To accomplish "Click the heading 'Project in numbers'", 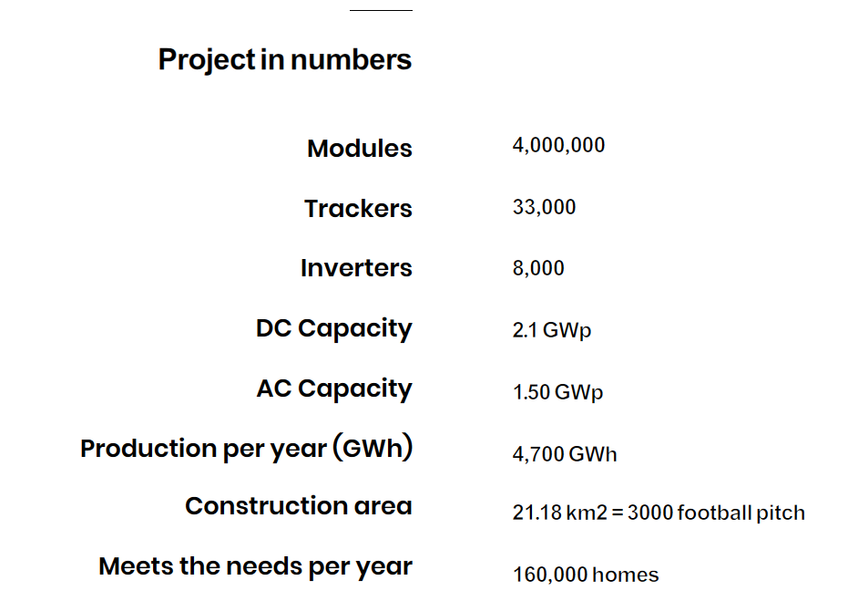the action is point(285,60).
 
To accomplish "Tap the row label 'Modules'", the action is point(360,149).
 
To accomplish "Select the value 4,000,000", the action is point(558,146).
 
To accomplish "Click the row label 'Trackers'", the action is point(358,209).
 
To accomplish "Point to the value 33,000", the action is point(544,207).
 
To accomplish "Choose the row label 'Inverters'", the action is point(356,268).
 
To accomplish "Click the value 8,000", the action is point(538,268).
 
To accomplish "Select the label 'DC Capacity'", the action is point(333,329).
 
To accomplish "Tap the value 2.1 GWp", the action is point(552,330).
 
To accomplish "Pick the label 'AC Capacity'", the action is point(334,389).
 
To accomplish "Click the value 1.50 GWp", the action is point(557,392).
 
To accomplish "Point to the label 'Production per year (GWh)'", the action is point(247,449).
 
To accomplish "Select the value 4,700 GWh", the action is point(565,454).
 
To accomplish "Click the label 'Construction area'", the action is point(299,506).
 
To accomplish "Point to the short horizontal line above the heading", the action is point(381,10).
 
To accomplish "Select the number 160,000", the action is point(551,575).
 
